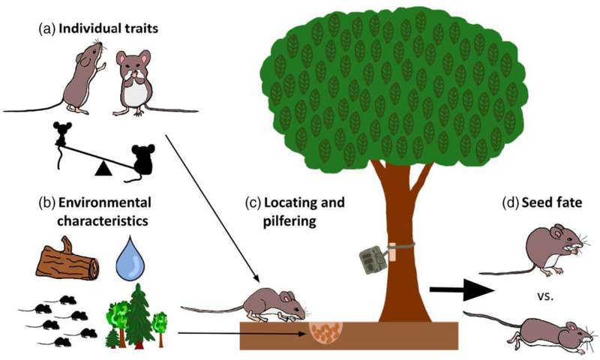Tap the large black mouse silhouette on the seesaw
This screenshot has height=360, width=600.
pyautogui.click(x=142, y=159)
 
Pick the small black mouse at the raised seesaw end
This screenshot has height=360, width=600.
pyautogui.click(x=61, y=132)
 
